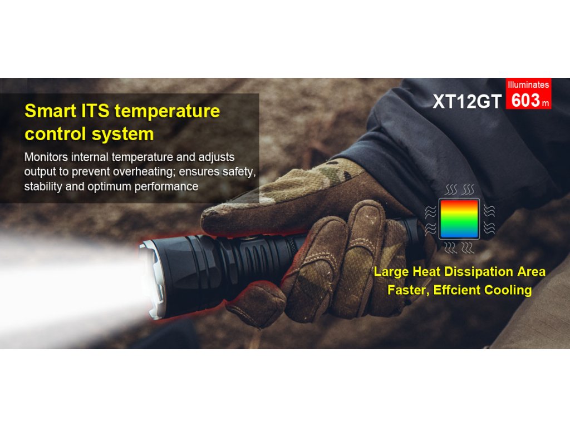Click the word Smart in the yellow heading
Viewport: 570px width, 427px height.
(x=50, y=111)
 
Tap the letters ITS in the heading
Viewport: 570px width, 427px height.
(x=95, y=111)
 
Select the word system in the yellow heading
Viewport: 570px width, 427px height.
(x=122, y=135)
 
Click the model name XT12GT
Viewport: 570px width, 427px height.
(x=467, y=101)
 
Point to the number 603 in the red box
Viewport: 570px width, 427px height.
(x=525, y=100)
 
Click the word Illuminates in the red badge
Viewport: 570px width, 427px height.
(x=528, y=85)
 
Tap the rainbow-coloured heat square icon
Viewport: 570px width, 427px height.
(x=459, y=219)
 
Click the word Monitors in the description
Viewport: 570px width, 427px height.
(x=46, y=157)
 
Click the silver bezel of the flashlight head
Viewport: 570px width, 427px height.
(x=153, y=280)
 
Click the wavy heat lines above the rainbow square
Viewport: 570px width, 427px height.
(x=460, y=190)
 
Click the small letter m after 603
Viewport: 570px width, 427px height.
(x=546, y=103)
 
